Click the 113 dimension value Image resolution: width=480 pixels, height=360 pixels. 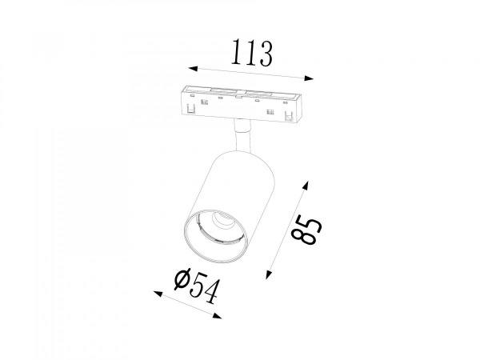tap(252, 54)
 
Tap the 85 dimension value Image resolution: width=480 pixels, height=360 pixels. tap(306, 230)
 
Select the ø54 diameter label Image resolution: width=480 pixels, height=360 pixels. tap(196, 286)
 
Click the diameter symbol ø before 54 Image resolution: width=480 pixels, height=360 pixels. tap(182, 279)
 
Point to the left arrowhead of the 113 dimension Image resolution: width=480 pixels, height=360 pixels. tap(193, 69)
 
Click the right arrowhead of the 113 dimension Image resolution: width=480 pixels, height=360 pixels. tap(309, 78)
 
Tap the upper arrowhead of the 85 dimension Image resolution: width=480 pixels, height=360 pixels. tap(306, 186)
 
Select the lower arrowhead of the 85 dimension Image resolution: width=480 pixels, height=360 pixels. tap(269, 274)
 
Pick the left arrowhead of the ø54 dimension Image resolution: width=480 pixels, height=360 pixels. tap(158, 294)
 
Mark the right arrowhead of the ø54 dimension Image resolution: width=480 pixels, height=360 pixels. tap(217, 316)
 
